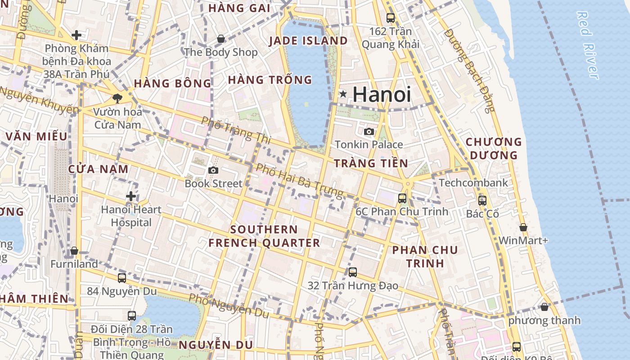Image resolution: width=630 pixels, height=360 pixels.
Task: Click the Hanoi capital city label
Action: coord(382,94)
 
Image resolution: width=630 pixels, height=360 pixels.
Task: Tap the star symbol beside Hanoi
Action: coord(343,94)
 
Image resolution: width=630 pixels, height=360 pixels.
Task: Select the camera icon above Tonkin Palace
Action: coord(369,131)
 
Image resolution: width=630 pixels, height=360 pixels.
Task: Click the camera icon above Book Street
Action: coord(213,170)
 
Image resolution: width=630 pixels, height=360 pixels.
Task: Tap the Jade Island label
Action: coord(308,41)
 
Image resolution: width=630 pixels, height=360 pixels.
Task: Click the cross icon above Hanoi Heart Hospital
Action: coord(131,196)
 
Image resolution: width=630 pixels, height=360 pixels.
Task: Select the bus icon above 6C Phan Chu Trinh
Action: coord(402,198)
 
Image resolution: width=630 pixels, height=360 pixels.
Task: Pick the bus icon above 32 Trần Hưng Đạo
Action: coord(353,272)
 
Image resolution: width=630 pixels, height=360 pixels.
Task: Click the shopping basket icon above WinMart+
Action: coord(523,228)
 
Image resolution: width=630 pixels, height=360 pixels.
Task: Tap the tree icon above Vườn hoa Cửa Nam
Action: coord(117,98)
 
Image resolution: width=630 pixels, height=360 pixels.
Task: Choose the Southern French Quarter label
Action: coord(264,236)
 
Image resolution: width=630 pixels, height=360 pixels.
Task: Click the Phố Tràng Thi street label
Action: coord(236,130)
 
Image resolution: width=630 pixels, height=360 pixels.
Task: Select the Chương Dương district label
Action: coord(493,148)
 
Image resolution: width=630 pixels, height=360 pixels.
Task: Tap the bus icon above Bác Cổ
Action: coord(482,201)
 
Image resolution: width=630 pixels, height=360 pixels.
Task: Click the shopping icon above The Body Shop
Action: coord(221,39)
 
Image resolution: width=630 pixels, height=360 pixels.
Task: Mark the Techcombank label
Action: coord(473,183)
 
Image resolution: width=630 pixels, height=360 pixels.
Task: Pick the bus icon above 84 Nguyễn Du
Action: coord(122,278)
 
